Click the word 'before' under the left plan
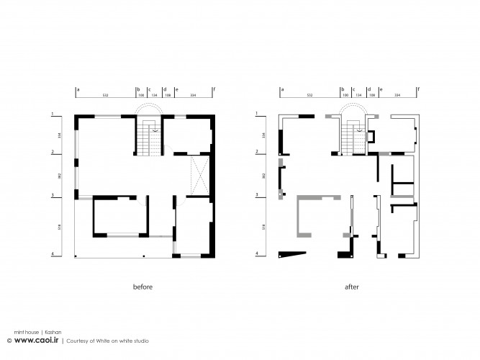pyautogui.click(x=142, y=287)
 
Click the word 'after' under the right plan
pyautogui.click(x=351, y=287)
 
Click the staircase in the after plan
pyautogui.click(x=352, y=138)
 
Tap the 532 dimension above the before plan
pyautogui.click(x=105, y=95)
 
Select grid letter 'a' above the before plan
pyautogui.click(x=77, y=89)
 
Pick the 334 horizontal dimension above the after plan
pyautogui.click(x=399, y=95)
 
